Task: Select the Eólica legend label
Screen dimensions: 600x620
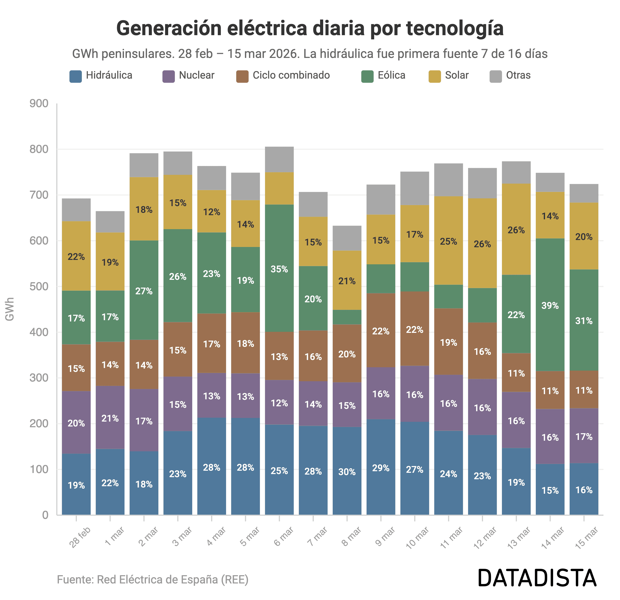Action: pos(391,75)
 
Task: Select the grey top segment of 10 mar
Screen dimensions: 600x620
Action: pos(415,188)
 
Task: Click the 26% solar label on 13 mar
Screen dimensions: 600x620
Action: pos(516,230)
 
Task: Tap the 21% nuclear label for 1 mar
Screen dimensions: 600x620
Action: pos(110,418)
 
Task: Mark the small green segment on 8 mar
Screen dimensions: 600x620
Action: pos(347,317)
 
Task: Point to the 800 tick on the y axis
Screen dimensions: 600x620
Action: pos(39,149)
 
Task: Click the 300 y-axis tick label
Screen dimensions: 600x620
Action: pos(39,378)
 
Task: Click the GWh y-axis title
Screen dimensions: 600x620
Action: pos(10,309)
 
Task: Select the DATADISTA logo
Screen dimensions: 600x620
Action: pos(537,578)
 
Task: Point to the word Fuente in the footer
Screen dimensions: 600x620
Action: pos(75,579)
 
